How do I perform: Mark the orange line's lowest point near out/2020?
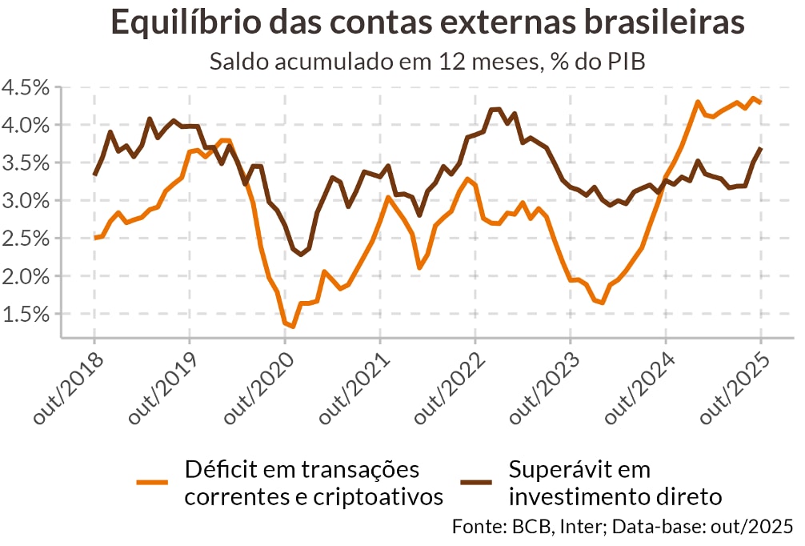tap(293, 327)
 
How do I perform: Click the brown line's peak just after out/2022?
tap(495, 109)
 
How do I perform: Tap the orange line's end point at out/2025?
tap(760, 102)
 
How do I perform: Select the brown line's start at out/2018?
tap(94, 175)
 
